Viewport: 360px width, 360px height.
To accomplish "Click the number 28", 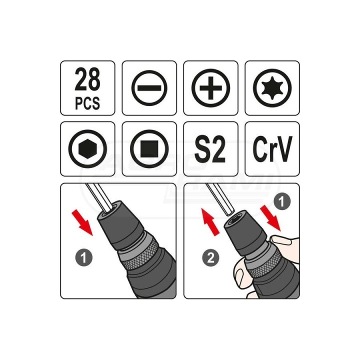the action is pos(87,79).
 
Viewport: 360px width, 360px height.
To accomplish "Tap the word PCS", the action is pos(87,103).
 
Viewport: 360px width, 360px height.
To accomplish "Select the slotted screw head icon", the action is pos(149,88).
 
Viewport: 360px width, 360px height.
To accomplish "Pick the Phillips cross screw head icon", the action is pos(211,88).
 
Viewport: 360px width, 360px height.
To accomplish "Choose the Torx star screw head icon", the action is pos(272,88).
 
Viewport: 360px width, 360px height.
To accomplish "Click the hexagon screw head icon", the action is pos(87,149).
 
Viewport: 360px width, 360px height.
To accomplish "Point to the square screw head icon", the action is pos(149,149).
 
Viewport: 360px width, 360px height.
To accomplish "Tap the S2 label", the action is pos(210,149).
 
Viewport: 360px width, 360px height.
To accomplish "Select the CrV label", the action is pos(272,149).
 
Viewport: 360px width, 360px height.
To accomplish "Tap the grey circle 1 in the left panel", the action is pos(84,257).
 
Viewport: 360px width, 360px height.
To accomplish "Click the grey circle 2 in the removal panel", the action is pos(211,257).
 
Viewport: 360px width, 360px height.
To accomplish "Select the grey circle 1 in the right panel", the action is pos(282,201).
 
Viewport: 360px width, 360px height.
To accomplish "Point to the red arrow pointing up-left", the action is pos(211,221).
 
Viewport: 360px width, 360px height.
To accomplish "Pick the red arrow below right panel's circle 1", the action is pos(270,218).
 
